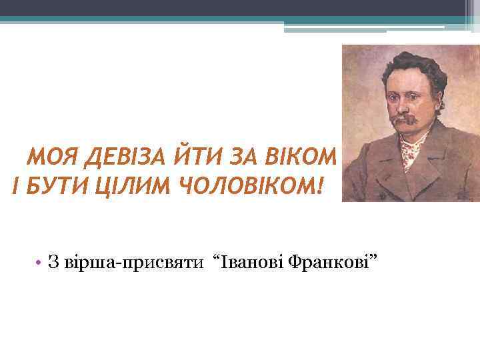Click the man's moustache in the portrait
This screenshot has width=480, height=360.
click(403, 121)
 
